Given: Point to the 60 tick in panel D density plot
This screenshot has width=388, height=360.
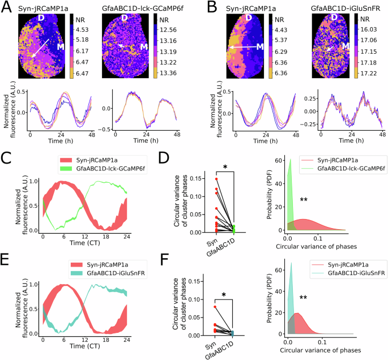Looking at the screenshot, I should [278, 161].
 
